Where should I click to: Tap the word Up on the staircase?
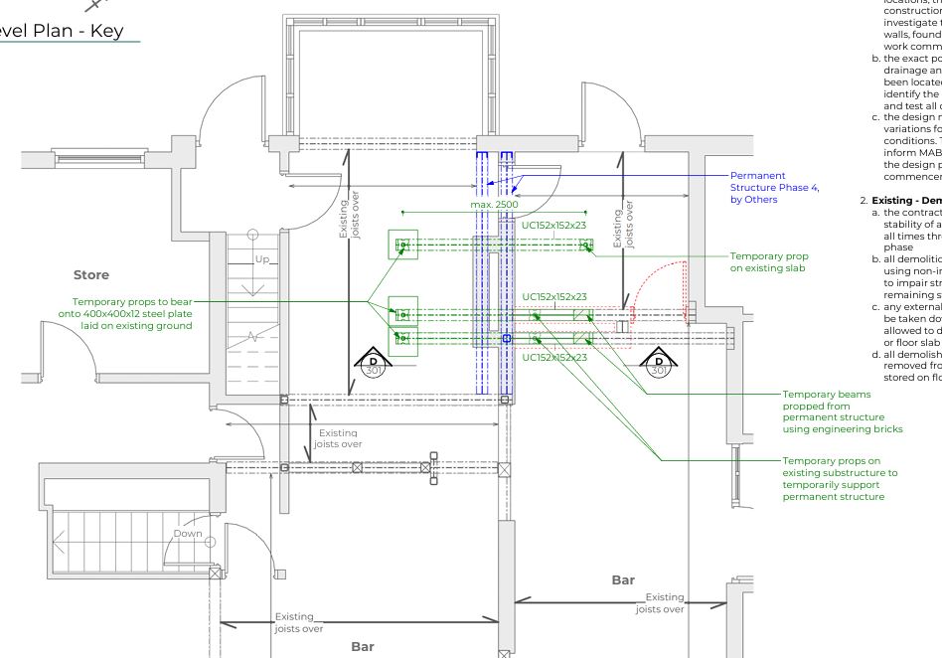[261, 258]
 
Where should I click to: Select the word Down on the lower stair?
[188, 534]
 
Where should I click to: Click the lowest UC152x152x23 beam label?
[553, 357]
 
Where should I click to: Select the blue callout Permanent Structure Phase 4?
[774, 187]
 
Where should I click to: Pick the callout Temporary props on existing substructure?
[839, 479]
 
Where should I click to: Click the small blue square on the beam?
[507, 339]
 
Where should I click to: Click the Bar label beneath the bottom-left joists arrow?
[363, 646]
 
